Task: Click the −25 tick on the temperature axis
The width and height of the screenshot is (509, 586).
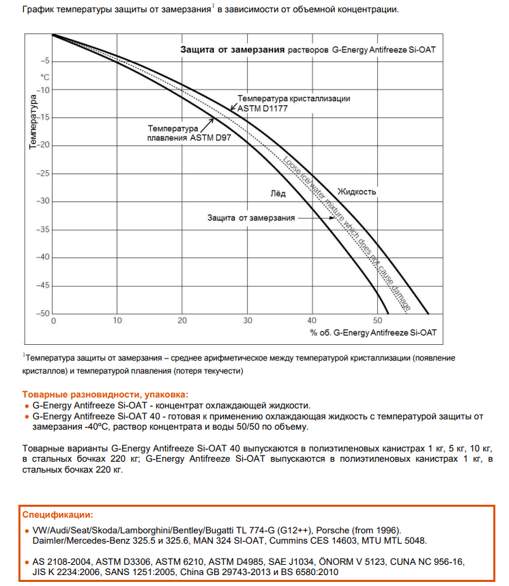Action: [41, 173]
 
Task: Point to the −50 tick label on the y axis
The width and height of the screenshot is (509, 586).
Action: [41, 313]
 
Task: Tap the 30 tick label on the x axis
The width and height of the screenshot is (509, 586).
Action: [247, 320]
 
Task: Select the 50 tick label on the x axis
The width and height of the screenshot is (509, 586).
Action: [377, 320]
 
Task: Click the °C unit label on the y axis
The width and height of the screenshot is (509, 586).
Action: [45, 77]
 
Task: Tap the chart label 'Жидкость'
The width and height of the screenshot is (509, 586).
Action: [357, 192]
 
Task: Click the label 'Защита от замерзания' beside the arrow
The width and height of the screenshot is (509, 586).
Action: [251, 218]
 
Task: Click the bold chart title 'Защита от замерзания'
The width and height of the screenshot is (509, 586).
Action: [232, 50]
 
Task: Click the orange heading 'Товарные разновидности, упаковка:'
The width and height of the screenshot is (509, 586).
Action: [104, 395]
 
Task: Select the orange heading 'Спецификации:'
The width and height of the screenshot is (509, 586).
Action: [58, 514]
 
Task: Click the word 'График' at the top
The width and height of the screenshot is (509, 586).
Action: [37, 10]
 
